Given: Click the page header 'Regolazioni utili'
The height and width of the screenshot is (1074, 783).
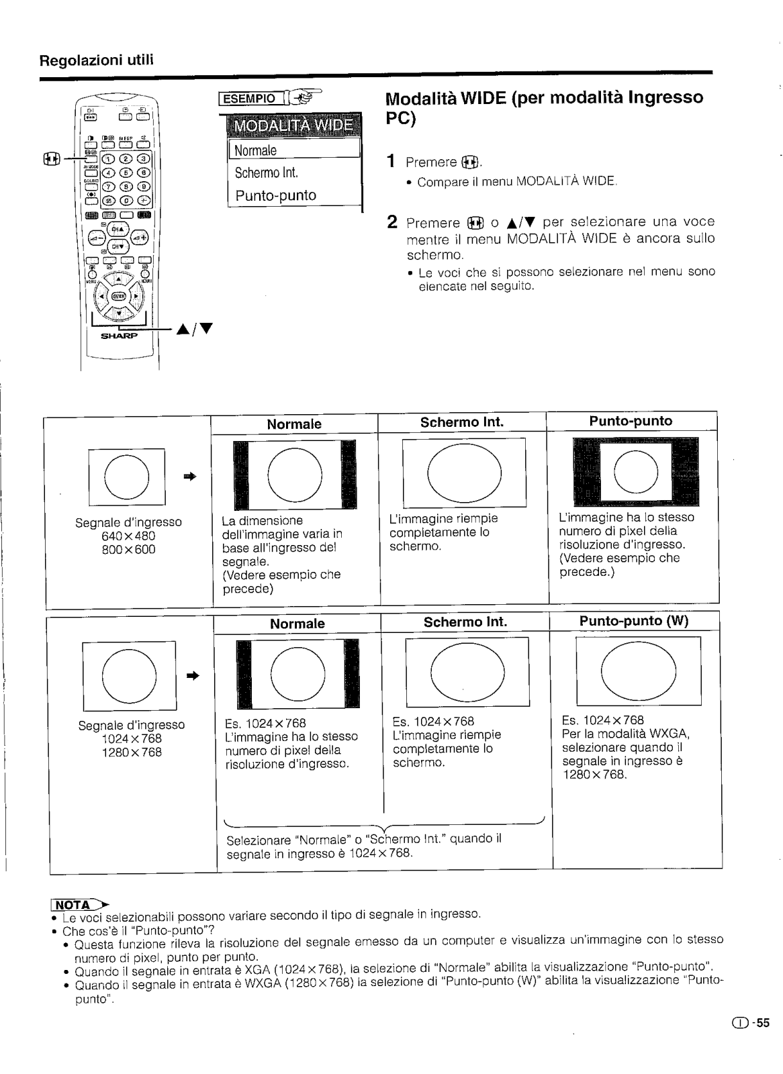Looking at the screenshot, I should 97,60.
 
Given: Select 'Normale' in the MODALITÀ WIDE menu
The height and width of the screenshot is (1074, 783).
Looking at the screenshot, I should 256,150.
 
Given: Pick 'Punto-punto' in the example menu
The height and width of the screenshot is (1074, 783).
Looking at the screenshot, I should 275,195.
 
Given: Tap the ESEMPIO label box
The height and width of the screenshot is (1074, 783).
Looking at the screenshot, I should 249,99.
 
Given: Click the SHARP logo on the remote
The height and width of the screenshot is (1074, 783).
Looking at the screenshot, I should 119,336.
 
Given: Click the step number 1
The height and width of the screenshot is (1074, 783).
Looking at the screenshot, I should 391,162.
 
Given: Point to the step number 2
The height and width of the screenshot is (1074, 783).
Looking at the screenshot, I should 392,222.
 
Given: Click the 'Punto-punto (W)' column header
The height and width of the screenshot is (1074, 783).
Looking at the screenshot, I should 634,621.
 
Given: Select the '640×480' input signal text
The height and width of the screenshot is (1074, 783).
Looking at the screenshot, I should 128,536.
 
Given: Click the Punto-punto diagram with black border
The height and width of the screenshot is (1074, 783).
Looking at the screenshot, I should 635,471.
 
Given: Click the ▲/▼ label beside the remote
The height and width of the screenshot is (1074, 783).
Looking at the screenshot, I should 195,329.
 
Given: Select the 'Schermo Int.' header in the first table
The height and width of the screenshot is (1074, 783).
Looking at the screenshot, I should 461,422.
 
